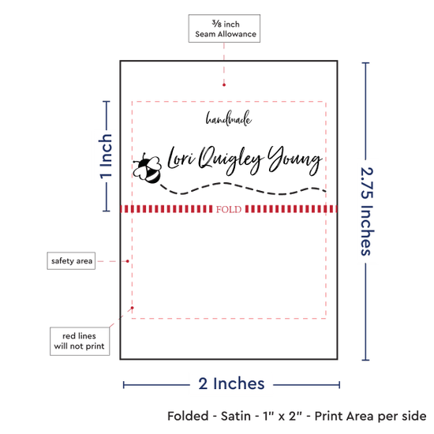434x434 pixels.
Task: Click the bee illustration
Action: click(147, 168)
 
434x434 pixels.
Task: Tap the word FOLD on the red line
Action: click(229, 210)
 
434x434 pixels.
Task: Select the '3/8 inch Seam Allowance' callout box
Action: click(224, 28)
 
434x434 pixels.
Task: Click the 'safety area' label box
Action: click(71, 260)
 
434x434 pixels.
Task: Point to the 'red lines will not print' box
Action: click(80, 341)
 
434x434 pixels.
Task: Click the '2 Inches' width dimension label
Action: click(231, 383)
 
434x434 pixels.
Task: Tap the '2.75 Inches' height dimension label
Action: click(367, 211)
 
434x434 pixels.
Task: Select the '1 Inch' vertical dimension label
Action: click(106, 156)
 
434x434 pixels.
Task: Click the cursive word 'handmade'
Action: click(229, 119)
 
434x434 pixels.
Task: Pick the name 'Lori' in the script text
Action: click(181, 158)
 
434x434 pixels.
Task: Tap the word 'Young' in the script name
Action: click(294, 160)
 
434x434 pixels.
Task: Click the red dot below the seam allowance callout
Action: click(224, 84)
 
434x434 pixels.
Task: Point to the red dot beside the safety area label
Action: click(128, 261)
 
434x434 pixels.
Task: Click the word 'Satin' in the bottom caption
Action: click(236, 416)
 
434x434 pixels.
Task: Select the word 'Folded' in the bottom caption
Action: click(188, 416)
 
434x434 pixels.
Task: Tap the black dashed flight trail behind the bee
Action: click(243, 189)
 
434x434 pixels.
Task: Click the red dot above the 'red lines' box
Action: click(133, 308)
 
